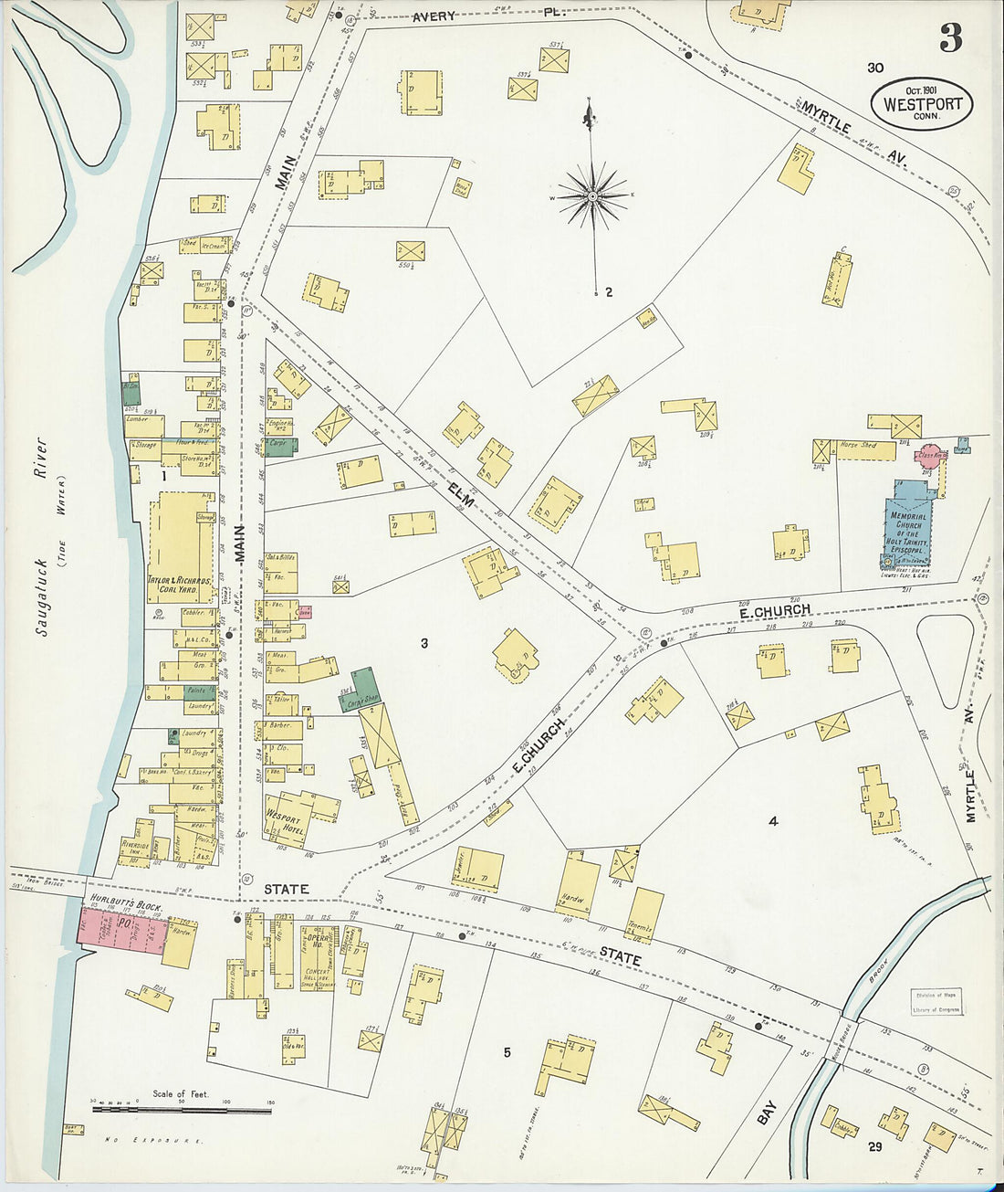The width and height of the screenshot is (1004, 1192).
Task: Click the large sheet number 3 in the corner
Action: [x=950, y=37]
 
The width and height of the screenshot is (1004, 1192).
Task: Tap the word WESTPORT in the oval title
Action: [x=922, y=104]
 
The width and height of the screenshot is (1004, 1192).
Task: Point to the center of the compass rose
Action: [x=593, y=195]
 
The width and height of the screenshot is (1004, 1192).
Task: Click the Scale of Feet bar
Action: [x=183, y=1109]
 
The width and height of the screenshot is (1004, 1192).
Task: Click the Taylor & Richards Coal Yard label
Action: [x=179, y=585]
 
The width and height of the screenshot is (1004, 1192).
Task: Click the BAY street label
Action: [x=767, y=1112]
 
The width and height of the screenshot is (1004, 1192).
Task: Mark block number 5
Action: [x=507, y=1052]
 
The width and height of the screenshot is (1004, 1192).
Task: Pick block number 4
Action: [x=772, y=821]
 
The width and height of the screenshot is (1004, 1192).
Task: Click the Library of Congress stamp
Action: [x=936, y=1002]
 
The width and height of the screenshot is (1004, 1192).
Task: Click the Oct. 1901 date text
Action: [x=922, y=90]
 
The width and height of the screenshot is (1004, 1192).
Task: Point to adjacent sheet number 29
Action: [x=874, y=1146]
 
